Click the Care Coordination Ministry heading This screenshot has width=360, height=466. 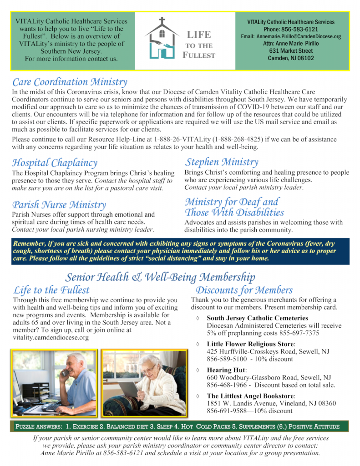(70, 82)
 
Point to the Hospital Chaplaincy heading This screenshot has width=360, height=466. (55, 162)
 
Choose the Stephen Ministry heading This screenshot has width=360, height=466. (222, 162)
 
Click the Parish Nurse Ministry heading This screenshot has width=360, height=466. (59, 205)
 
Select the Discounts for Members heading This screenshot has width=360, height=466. (244, 290)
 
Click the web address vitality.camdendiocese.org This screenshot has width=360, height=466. (51, 338)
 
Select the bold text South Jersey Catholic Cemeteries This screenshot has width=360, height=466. (257, 319)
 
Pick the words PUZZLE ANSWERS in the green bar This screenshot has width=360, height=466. (39, 427)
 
